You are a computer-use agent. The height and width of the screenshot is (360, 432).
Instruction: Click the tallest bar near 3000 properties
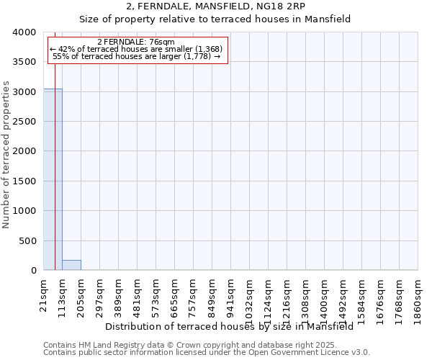pyautogui.click(x=53, y=180)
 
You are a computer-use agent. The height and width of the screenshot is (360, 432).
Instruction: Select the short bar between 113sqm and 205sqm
pyautogui.click(x=71, y=265)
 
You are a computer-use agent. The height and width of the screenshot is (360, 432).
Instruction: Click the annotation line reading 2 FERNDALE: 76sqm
pyautogui.click(x=135, y=42)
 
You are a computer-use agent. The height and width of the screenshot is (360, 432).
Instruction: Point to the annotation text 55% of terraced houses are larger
pyautogui.click(x=137, y=56)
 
